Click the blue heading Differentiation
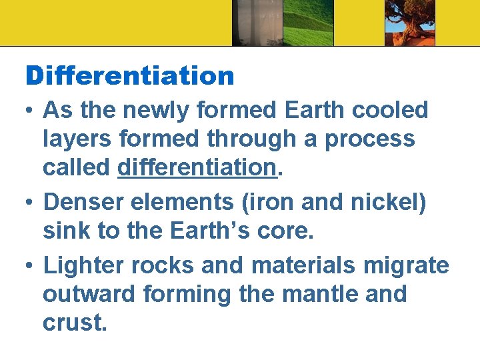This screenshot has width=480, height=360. click(x=130, y=75)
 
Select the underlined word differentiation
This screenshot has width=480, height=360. click(x=197, y=168)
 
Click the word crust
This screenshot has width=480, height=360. click(x=74, y=323)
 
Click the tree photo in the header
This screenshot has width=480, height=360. click(x=409, y=23)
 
